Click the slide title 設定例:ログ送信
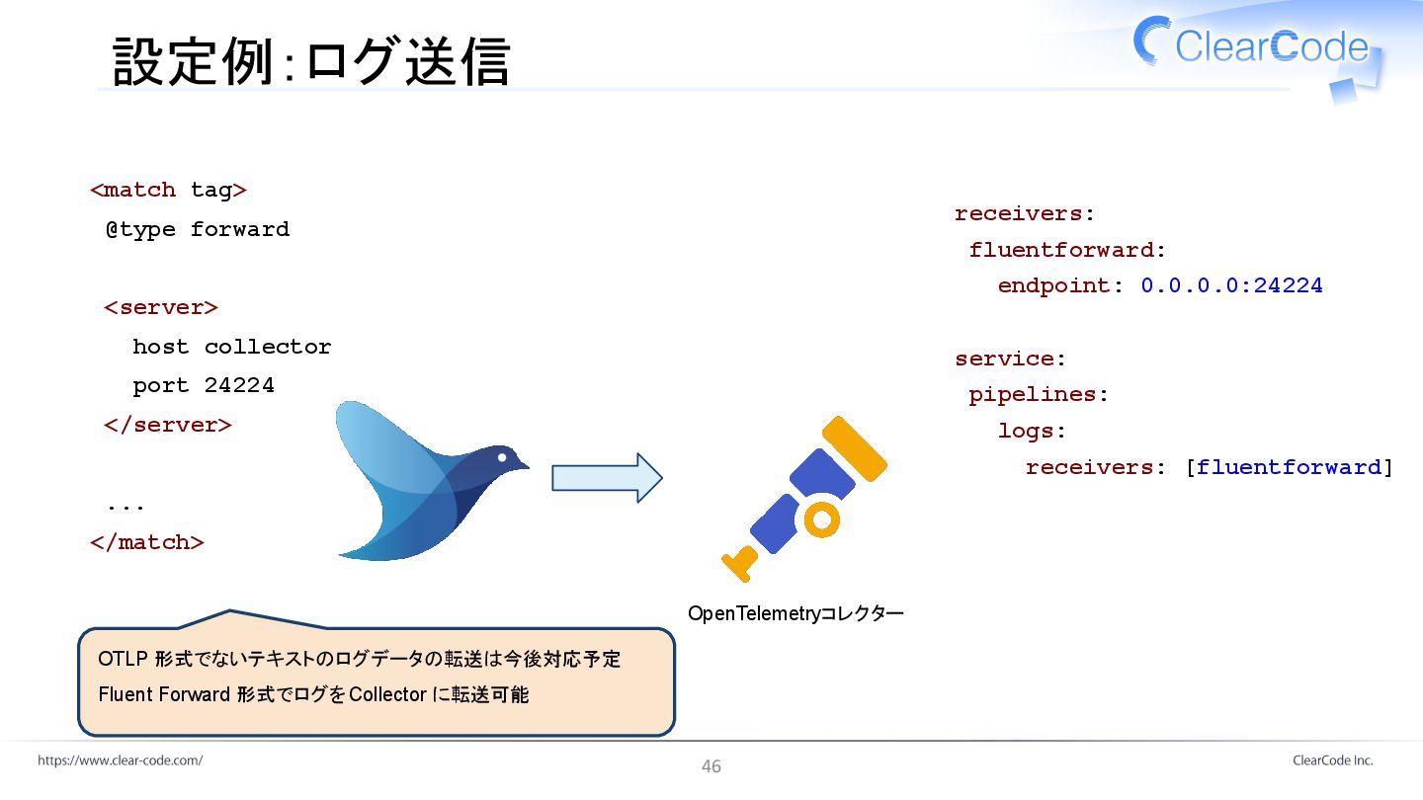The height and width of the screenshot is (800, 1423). click(311, 61)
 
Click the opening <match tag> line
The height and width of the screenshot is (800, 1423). click(168, 190)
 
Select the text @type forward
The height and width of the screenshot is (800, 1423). click(198, 229)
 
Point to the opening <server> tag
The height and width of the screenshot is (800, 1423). click(161, 307)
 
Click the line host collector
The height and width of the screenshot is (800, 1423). click(231, 347)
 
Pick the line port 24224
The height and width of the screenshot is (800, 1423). click(204, 385)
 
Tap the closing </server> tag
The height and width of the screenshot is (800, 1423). click(168, 425)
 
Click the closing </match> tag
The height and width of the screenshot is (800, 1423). click(147, 542)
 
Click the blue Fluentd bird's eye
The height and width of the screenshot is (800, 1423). click(503, 457)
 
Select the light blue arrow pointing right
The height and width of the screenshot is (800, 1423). click(606, 478)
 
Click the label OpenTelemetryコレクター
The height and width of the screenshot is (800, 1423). click(795, 614)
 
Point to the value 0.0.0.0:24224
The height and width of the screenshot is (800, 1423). click(1231, 285)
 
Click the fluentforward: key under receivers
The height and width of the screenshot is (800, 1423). click(1067, 250)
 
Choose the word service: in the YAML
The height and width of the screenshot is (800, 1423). click(1010, 359)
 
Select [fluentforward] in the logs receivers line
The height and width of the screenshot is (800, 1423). click(1289, 467)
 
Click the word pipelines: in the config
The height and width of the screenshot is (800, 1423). click(1039, 394)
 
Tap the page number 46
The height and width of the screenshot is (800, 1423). click(711, 766)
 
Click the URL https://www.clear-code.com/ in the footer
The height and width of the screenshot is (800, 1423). click(121, 760)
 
